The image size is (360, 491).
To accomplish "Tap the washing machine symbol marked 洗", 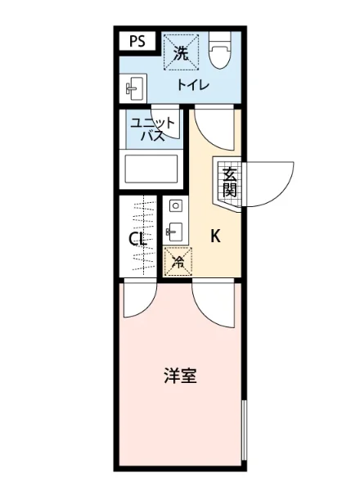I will pyautogui.click(x=181, y=53).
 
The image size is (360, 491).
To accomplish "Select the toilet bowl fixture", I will pyautogui.click(x=219, y=55).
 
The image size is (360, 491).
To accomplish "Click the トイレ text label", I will pyautogui.click(x=194, y=85).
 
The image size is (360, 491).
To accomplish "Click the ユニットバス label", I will pyautogui.click(x=152, y=129).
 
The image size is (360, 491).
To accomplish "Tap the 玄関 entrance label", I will pyautogui.click(x=230, y=182).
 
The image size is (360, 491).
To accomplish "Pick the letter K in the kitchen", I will pyautogui.click(x=216, y=236).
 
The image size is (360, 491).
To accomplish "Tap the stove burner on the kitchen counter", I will pyautogui.click(x=174, y=205).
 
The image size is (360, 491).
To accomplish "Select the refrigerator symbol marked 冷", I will pyautogui.click(x=175, y=263).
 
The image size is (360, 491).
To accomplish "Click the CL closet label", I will pyautogui.click(x=137, y=240).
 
